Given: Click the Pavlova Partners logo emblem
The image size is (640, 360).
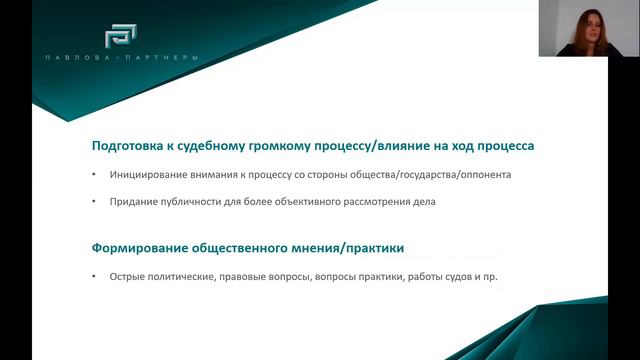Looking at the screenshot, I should (x=123, y=33).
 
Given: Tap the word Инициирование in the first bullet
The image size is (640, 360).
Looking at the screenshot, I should (x=148, y=176).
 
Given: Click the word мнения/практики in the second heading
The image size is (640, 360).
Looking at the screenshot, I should (x=352, y=247).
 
